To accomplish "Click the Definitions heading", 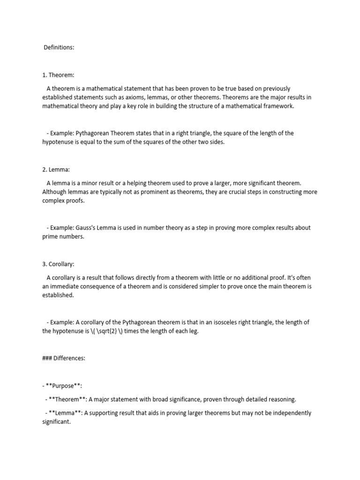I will coord(59,47).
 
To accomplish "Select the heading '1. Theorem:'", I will coord(58,75).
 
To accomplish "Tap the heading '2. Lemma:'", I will coord(56,169).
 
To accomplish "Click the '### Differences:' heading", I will coord(64,358).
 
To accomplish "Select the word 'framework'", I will coord(276,106).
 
